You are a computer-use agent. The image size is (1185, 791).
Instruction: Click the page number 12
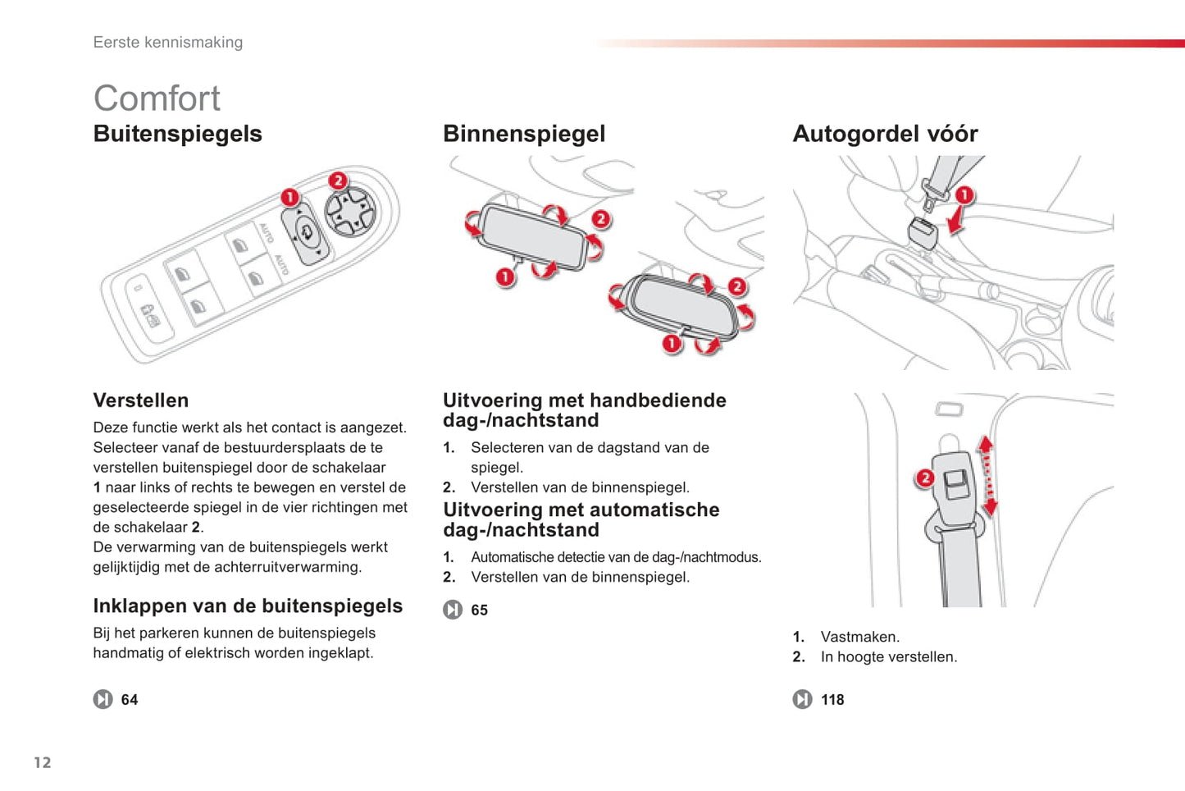(43, 762)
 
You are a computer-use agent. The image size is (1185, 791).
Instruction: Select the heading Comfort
(157, 98)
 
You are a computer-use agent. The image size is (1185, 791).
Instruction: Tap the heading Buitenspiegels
(178, 134)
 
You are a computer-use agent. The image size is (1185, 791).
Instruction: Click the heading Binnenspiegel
(524, 134)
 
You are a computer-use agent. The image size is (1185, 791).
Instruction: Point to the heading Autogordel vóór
(885, 134)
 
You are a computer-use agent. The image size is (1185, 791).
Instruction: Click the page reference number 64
(130, 700)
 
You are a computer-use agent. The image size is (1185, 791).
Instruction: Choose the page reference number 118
(832, 700)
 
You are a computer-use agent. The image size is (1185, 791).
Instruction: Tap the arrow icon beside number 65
(453, 610)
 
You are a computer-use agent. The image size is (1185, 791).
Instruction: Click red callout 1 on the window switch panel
(290, 198)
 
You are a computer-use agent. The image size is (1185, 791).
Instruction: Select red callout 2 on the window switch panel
(338, 181)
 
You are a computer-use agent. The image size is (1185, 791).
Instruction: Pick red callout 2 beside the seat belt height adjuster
(925, 478)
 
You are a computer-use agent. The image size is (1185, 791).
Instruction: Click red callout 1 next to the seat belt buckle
(964, 194)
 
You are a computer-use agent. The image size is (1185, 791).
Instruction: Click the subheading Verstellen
(141, 400)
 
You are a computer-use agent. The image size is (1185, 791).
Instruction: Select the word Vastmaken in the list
(860, 637)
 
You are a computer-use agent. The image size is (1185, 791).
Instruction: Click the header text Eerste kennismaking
(167, 43)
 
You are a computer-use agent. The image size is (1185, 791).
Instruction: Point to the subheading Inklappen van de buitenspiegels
(248, 606)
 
